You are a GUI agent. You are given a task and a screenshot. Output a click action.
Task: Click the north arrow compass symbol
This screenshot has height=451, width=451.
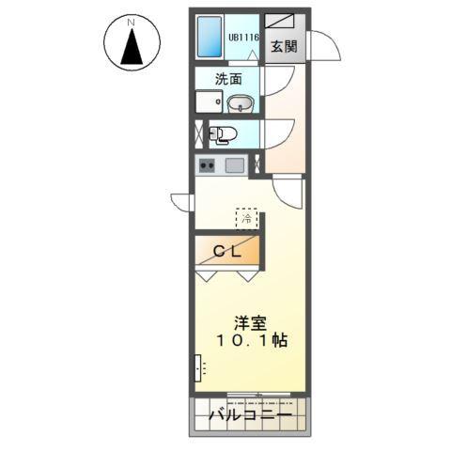coord(131,43)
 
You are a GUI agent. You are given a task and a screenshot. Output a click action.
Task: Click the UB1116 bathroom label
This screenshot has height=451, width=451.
coord(242,39)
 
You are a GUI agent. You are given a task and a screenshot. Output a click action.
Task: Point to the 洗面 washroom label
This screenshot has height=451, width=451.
coord(229,80)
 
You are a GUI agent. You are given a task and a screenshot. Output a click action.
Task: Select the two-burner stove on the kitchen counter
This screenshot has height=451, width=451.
coord(207,165)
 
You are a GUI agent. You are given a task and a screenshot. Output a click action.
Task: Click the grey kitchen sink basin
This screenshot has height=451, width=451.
coord(233,165)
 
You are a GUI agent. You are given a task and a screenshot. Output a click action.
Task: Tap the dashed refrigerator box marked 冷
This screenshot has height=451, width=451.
coord(245,218)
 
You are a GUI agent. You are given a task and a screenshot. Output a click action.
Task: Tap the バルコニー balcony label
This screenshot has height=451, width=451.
coord(250,414)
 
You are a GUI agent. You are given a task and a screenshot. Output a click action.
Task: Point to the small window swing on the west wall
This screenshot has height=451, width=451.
coord(180,200)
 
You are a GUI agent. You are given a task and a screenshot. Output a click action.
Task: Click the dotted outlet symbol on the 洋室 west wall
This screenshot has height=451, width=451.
coord(198,366)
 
